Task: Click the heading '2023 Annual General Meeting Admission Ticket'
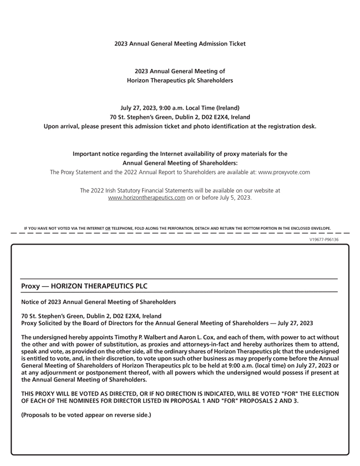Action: pos(180,43)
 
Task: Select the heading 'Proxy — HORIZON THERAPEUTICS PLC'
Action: pos(84,286)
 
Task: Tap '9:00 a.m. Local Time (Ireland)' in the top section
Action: pos(193,108)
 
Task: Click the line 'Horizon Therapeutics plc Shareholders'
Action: pos(180,80)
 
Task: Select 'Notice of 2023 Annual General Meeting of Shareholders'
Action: pos(99,302)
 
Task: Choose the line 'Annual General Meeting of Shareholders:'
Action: pos(180,163)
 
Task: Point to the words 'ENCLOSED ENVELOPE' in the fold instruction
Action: pos(310,228)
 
